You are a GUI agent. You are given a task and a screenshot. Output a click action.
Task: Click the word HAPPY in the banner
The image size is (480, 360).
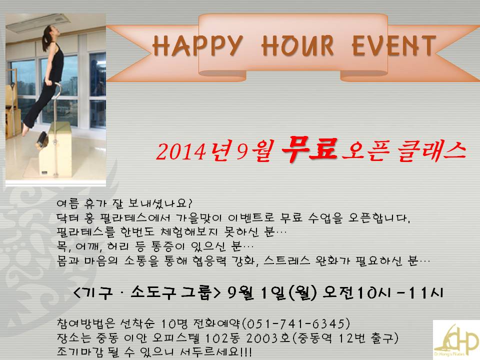coord(198,46)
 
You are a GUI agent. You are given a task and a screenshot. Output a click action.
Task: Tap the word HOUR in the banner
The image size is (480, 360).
coord(297,46)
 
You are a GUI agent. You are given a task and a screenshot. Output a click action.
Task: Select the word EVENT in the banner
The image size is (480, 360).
coord(394,46)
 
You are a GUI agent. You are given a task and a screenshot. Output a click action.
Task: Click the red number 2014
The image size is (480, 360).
coord(180,151)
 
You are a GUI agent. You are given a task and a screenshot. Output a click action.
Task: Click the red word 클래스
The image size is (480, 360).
coord(432,151)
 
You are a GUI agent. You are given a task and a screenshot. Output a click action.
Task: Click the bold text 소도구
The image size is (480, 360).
coord(153,292)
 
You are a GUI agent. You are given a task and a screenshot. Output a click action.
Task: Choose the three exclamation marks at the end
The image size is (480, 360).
coord(246,351)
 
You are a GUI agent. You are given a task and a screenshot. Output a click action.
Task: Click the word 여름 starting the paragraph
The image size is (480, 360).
coord(68,203)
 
